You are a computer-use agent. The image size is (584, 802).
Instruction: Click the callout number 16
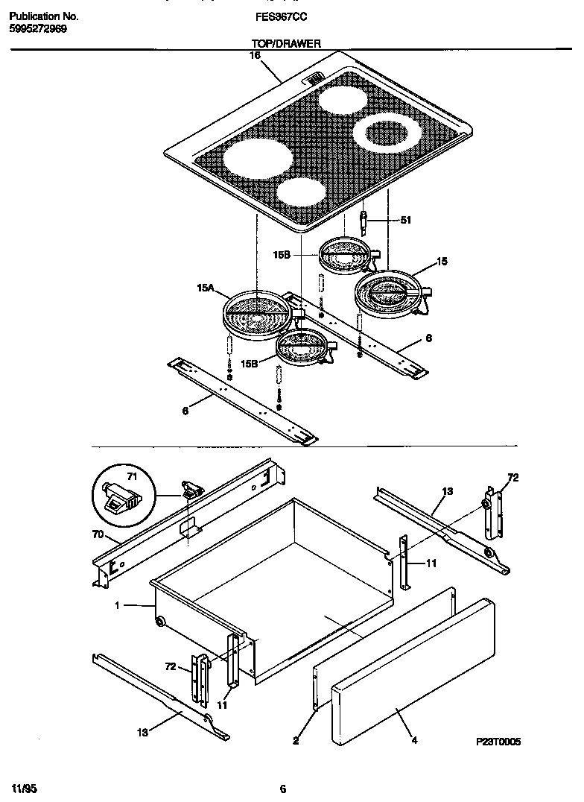[x=255, y=54]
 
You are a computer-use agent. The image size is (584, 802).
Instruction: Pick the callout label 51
[x=406, y=220]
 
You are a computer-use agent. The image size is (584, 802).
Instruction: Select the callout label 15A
[x=206, y=287]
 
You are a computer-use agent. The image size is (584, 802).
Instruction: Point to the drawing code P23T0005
[x=498, y=742]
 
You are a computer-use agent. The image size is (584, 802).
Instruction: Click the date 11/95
[x=25, y=788]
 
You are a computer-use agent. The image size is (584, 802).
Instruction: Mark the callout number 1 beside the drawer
[x=117, y=605]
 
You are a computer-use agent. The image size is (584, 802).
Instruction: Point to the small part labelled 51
[x=364, y=221]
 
